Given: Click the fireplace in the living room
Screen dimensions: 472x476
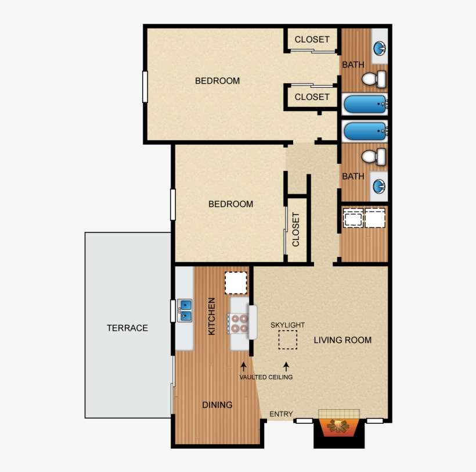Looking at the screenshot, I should pyautogui.click(x=338, y=426).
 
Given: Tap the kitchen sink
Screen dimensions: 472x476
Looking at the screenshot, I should pyautogui.click(x=185, y=310).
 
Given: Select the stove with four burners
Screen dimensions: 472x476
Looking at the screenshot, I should pyautogui.click(x=238, y=323).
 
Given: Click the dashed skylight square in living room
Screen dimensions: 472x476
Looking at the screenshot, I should pyautogui.click(x=287, y=339).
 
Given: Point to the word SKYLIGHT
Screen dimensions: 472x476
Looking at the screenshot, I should pyautogui.click(x=287, y=325).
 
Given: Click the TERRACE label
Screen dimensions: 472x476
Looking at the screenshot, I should pyautogui.click(x=127, y=328).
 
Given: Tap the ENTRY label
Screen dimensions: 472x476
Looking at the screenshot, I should pyautogui.click(x=282, y=414).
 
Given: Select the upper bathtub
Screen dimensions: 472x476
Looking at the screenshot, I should pyautogui.click(x=365, y=105).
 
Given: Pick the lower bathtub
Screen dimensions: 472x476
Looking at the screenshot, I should pyautogui.click(x=365, y=131).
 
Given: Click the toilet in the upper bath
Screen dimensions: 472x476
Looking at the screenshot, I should pyautogui.click(x=374, y=78).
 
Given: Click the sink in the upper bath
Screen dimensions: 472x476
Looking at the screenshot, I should pyautogui.click(x=380, y=47).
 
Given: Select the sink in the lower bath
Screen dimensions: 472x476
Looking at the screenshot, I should pyautogui.click(x=379, y=187).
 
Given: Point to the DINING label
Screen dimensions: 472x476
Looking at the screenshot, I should pyautogui.click(x=217, y=405).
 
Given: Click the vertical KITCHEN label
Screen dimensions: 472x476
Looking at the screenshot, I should pyautogui.click(x=212, y=316).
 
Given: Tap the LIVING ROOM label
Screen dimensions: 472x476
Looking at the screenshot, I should pyautogui.click(x=342, y=339).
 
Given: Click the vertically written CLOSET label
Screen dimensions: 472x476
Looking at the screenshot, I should pyautogui.click(x=296, y=229).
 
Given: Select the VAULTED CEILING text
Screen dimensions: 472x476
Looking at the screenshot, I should pyautogui.click(x=266, y=377).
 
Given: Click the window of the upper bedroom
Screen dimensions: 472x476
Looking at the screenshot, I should pyautogui.click(x=145, y=87).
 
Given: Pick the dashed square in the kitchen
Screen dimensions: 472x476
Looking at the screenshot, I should pyautogui.click(x=236, y=283).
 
